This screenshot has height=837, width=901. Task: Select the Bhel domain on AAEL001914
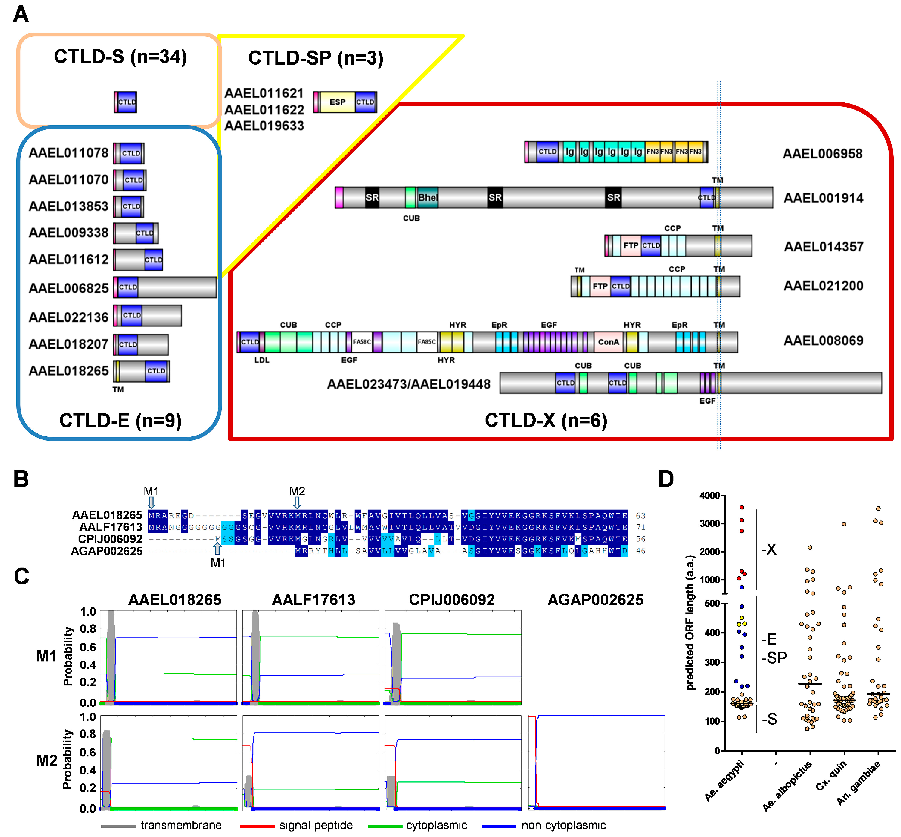click(427, 198)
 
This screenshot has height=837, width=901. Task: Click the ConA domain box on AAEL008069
click(608, 342)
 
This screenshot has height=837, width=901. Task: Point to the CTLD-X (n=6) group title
click(546, 420)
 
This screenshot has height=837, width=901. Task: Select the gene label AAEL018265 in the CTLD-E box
click(68, 371)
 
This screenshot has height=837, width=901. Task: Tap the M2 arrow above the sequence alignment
click(297, 502)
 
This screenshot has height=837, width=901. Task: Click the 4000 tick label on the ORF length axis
click(709, 496)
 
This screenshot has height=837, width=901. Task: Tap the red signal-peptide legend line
click(257, 826)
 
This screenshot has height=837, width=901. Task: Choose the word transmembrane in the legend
click(181, 825)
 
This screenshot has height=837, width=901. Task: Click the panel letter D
click(666, 479)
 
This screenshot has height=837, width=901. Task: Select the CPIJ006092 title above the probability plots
click(451, 600)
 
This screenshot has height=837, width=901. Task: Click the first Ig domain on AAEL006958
click(570, 152)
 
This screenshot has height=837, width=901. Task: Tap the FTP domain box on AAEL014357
click(631, 245)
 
